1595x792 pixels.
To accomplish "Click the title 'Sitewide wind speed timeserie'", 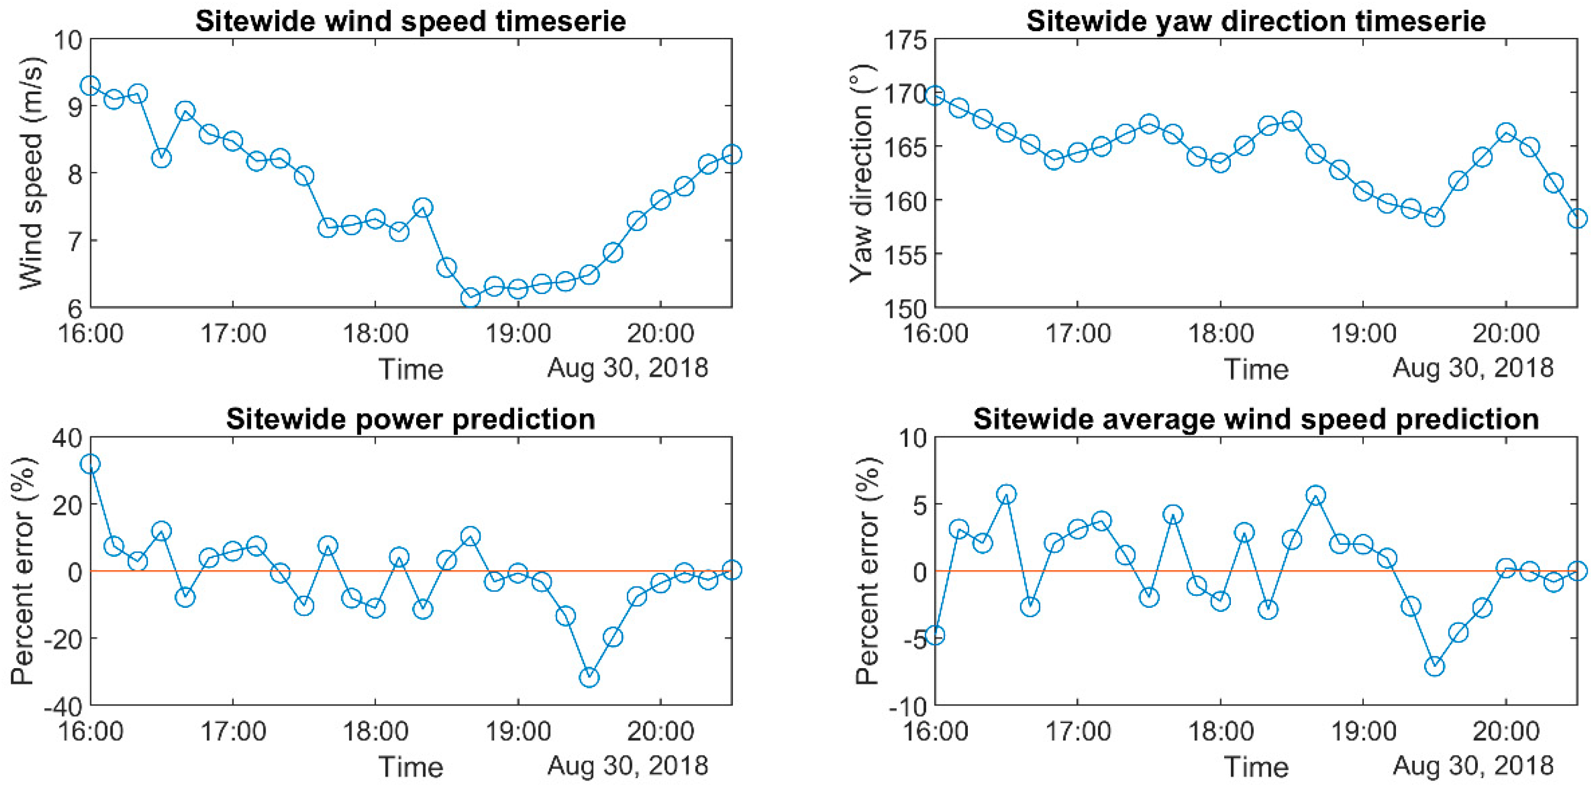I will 410,20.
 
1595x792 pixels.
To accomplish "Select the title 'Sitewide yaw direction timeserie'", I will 1256,20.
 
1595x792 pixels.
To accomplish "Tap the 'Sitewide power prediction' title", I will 410,419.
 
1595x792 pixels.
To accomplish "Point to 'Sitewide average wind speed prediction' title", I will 1256,419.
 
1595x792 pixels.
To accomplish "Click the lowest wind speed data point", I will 470,298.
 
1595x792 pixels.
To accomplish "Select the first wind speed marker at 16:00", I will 91,85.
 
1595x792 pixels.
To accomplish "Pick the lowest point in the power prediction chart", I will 589,678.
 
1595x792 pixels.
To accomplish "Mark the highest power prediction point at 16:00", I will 91,464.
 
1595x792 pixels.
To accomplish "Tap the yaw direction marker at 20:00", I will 1506,132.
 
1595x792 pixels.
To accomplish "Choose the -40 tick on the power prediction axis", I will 62,706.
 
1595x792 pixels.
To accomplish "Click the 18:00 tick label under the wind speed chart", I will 375,334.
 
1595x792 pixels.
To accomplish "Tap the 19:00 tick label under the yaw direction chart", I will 1363,334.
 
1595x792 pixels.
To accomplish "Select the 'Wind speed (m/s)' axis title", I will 31,174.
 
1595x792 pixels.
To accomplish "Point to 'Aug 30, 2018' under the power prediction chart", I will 627,766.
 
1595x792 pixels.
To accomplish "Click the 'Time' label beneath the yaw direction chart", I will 1256,369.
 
